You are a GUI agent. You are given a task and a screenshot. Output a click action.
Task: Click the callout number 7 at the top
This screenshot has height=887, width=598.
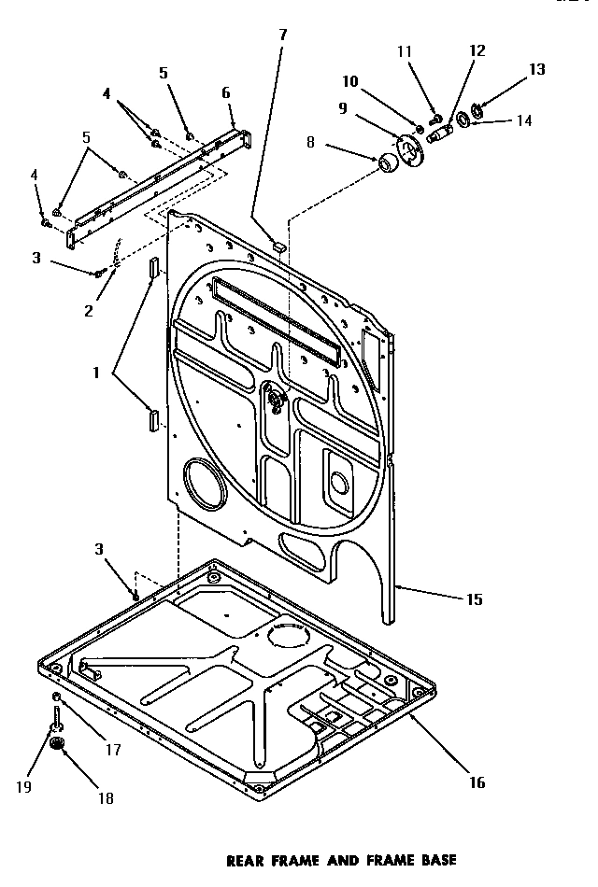[282, 35]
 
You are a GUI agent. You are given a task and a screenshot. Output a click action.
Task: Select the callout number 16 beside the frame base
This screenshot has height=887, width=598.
[477, 782]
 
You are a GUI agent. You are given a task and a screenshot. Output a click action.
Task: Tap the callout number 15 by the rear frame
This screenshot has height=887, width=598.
[475, 599]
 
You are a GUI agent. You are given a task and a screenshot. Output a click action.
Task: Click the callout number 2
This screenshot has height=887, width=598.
[89, 311]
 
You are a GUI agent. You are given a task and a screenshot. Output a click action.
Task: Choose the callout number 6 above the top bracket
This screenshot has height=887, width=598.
[226, 92]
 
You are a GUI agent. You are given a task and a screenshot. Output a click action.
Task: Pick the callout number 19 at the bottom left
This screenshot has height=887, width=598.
[22, 787]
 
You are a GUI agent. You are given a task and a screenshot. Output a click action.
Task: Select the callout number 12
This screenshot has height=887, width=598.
[477, 50]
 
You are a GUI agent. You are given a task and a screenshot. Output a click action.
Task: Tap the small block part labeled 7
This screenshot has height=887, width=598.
[278, 245]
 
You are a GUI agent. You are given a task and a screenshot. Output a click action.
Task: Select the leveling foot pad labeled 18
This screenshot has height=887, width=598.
[58, 743]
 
